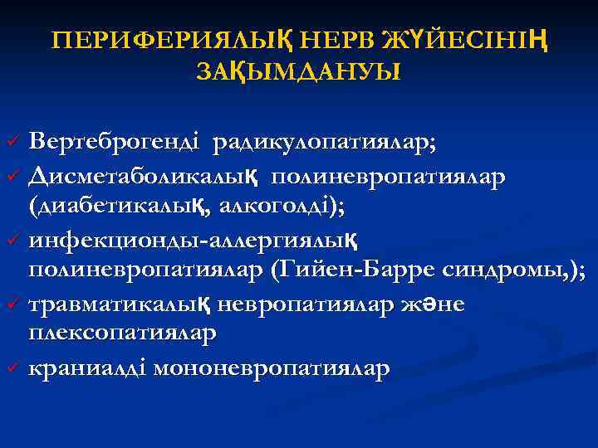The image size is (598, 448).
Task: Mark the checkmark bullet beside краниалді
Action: pyautogui.click(x=12, y=367)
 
